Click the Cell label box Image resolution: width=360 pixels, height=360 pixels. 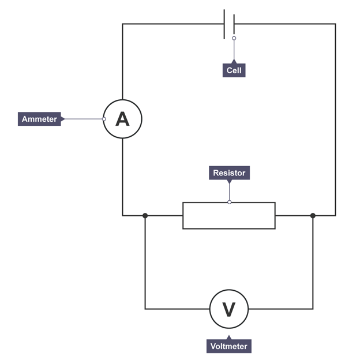(x=234, y=70)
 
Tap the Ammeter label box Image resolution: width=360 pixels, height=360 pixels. (x=39, y=119)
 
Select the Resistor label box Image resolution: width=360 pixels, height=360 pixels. (x=229, y=173)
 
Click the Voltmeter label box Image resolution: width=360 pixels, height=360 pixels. (x=228, y=346)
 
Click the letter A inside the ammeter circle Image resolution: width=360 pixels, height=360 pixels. (x=122, y=119)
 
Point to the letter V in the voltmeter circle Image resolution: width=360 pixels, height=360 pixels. (x=229, y=310)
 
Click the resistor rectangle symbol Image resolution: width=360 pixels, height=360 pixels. (x=229, y=216)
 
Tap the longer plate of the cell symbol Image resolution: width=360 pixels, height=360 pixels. (x=224, y=24)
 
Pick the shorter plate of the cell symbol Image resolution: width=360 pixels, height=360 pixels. (x=234, y=24)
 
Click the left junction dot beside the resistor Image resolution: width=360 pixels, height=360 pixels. (x=145, y=216)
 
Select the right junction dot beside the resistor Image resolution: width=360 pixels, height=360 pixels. (x=313, y=216)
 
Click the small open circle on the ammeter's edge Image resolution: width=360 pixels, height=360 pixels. (x=104, y=119)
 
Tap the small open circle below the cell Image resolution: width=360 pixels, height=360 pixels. (x=234, y=38)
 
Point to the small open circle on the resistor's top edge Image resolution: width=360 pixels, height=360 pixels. (x=229, y=202)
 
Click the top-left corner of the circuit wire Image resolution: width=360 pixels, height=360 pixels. (x=123, y=24)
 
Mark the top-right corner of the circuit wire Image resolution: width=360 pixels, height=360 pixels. (x=335, y=24)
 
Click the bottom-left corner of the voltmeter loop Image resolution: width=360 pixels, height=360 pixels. (x=145, y=309)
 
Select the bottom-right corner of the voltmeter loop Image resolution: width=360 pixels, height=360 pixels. (x=313, y=309)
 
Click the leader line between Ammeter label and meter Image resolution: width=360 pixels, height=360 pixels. (x=82, y=119)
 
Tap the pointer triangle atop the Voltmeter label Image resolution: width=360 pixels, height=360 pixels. (x=228, y=337)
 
